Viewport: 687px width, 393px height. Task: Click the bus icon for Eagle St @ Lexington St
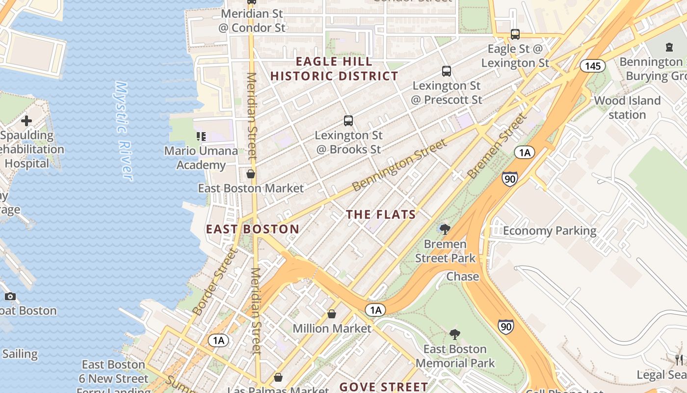pos(515,34)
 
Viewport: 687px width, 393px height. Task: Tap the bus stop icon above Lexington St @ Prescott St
pos(446,71)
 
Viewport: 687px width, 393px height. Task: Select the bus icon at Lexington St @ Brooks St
pos(348,120)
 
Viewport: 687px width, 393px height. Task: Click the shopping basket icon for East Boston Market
pos(251,174)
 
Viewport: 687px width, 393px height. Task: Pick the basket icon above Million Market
pos(332,314)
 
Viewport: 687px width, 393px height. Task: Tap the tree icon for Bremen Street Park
pos(445,229)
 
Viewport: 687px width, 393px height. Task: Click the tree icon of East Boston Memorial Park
pos(455,335)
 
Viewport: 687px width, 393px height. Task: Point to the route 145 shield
pos(593,66)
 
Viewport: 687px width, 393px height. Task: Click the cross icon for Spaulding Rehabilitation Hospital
pos(26,120)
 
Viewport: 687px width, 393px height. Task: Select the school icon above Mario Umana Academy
pos(201,136)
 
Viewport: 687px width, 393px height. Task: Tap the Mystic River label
pos(123,131)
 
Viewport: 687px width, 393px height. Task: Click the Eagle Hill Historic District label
pos(334,69)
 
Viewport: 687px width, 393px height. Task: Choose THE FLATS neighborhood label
pos(381,215)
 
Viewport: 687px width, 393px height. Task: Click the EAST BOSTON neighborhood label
pos(252,229)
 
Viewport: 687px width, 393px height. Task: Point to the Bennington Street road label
pos(400,165)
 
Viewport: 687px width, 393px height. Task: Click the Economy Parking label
pos(550,230)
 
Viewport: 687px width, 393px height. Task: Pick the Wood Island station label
pos(627,108)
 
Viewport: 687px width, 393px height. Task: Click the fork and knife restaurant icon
pos(679,360)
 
